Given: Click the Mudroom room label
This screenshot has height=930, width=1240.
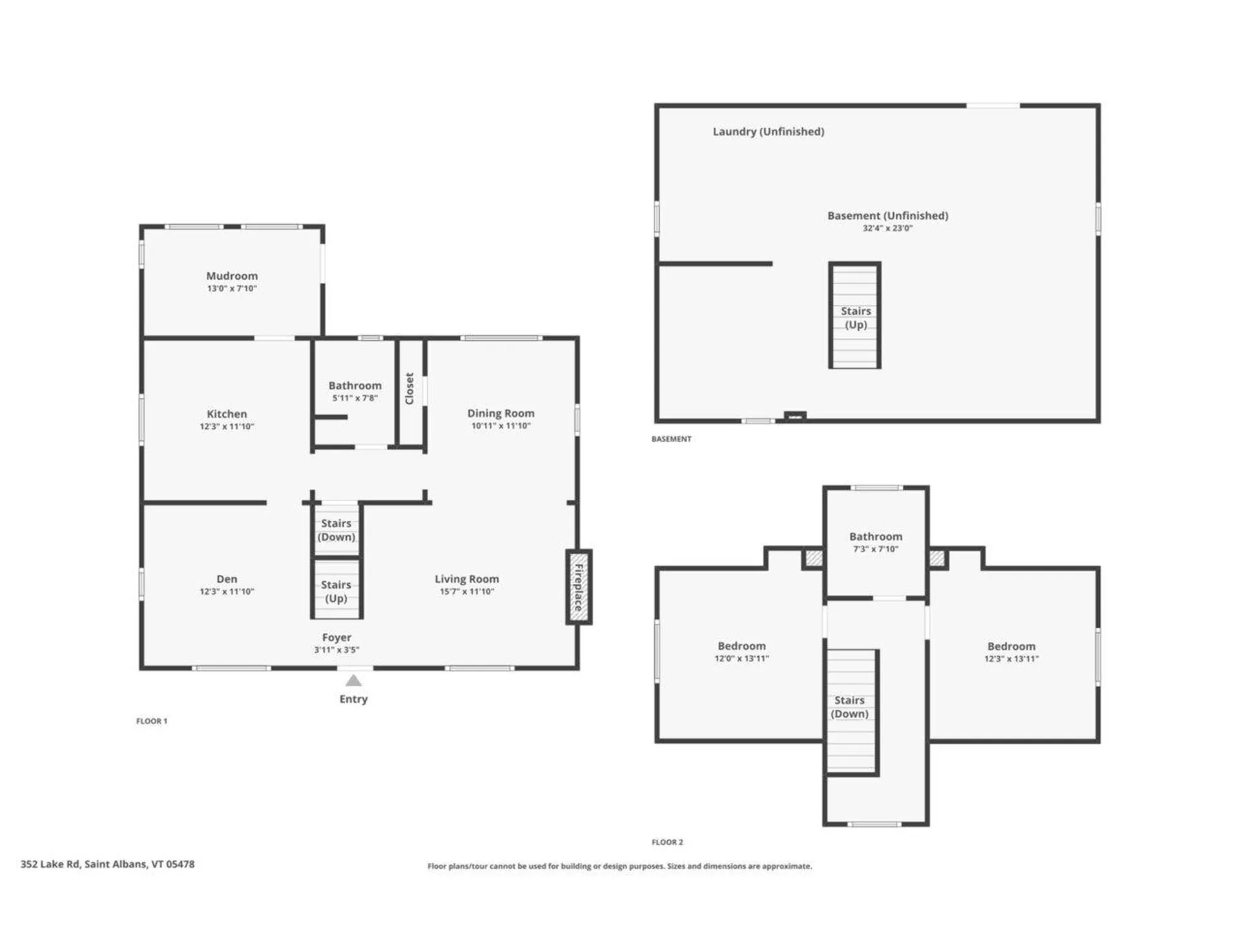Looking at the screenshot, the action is point(232,276).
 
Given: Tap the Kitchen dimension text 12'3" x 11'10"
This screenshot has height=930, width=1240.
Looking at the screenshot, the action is point(227,426).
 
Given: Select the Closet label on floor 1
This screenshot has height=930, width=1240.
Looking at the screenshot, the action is point(409,388).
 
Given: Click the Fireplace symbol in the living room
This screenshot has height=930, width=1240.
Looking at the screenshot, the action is point(579,587).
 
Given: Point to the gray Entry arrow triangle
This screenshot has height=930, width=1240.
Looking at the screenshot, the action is point(353,680).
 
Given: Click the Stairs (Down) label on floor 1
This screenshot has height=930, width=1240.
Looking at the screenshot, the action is point(336,530).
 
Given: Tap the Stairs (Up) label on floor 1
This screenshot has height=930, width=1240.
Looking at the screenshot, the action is point(336,592).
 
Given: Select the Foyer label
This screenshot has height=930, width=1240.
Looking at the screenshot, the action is point(336,637).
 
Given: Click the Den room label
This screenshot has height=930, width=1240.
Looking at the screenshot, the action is point(227,579).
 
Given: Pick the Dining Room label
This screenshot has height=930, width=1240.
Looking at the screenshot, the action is point(501,413).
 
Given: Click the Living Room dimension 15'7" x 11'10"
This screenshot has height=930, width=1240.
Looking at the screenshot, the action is point(466,592).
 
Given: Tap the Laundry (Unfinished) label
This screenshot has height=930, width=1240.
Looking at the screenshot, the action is point(769,132).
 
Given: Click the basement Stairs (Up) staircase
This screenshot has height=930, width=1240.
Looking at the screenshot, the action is point(854,315).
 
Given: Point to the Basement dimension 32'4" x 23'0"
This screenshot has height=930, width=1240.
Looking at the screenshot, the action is point(887,228).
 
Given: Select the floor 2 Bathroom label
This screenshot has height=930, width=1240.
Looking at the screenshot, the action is point(876,537).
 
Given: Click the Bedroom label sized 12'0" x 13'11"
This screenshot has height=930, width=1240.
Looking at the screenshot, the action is point(741,646).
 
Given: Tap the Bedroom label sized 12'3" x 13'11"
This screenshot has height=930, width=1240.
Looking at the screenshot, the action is point(1011,646).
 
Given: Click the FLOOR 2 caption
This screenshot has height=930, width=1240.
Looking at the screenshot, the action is point(667,842).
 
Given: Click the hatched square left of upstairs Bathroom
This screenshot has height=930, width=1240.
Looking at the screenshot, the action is point(814,558).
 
